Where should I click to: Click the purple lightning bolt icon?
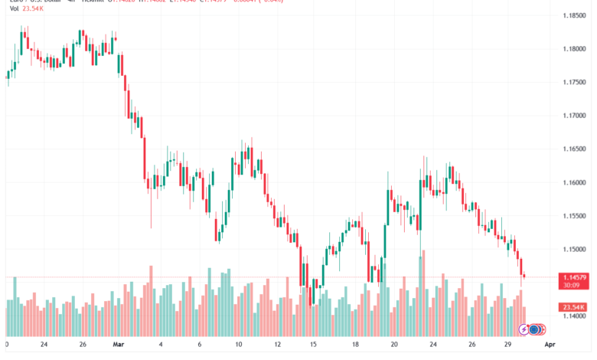click(x=524, y=330)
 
